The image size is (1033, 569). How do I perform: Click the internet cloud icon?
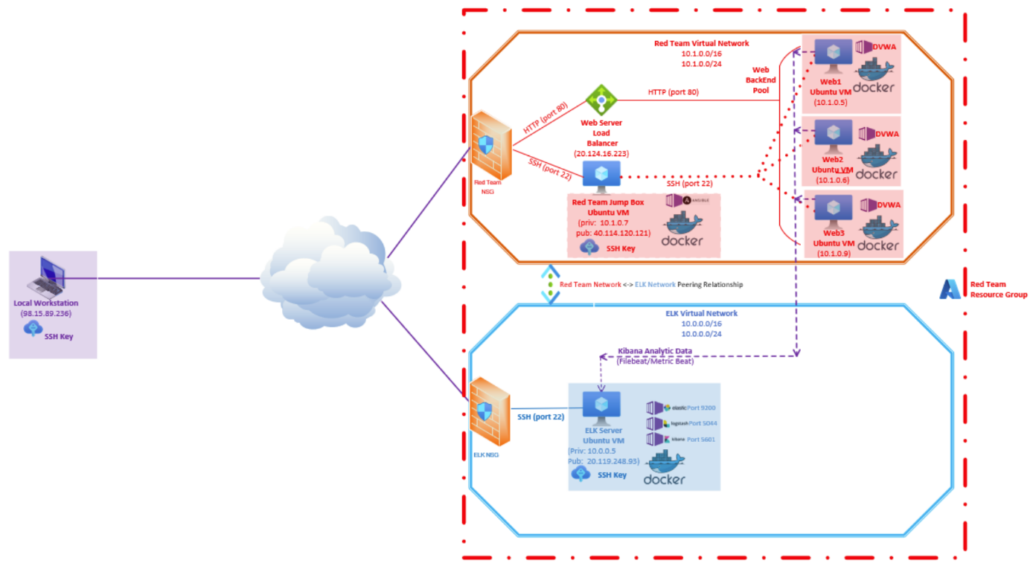pos(327,274)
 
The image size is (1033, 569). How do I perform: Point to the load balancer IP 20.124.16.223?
pos(601,153)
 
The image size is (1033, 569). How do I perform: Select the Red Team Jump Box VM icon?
pos(601,176)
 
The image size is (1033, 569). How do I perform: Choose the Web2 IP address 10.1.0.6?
pos(832,180)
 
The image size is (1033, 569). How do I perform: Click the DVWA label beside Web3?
pos(888,205)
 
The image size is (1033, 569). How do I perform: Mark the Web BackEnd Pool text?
pos(761,79)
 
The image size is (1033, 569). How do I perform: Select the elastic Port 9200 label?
pos(692,408)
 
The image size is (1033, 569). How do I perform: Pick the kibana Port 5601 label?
pos(692,439)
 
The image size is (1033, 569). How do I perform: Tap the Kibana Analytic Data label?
pos(656,350)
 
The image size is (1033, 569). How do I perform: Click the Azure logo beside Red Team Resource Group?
pos(950,289)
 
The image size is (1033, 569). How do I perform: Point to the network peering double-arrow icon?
pos(550,285)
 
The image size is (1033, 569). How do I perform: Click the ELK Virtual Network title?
pos(701,313)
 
